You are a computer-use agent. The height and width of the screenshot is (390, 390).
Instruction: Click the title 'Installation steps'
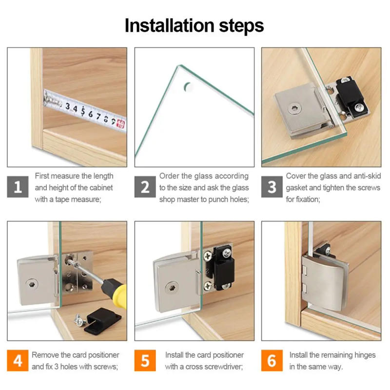point(194,25)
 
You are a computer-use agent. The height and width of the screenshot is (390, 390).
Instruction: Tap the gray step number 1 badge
point(18,187)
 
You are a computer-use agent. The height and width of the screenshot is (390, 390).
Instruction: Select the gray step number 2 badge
point(145,187)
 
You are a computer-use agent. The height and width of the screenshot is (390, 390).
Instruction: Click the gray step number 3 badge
point(272,187)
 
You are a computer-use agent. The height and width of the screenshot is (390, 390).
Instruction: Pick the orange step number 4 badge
point(18,361)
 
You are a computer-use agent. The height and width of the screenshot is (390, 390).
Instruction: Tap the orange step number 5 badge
point(145,361)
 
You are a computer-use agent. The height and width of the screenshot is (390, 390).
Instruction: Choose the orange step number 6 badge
point(272,361)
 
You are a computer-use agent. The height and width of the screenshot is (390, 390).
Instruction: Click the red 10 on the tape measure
point(120,125)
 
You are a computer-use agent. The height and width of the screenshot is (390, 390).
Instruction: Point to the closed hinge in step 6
point(322,280)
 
